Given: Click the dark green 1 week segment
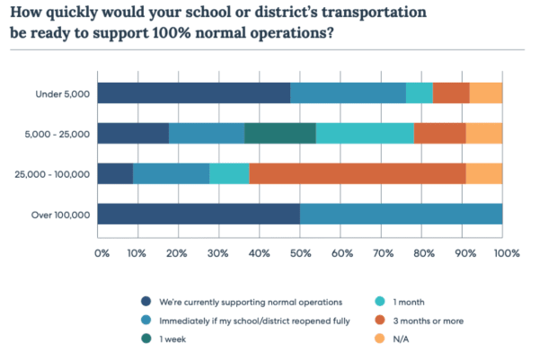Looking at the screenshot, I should click(x=280, y=133).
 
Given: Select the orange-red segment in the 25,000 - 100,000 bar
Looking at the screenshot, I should click(x=358, y=173).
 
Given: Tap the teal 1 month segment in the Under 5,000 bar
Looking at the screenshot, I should click(x=420, y=92).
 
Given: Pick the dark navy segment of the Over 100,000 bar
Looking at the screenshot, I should click(x=199, y=214).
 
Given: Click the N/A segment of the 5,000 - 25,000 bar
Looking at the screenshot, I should click(x=484, y=133).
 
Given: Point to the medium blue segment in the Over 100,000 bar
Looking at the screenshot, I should click(x=401, y=214).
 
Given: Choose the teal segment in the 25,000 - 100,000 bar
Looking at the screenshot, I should click(x=229, y=173).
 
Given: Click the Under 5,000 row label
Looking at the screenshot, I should click(x=63, y=92).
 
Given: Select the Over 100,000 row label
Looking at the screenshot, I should click(x=63, y=214).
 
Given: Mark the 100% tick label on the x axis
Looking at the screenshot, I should click(x=506, y=254).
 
